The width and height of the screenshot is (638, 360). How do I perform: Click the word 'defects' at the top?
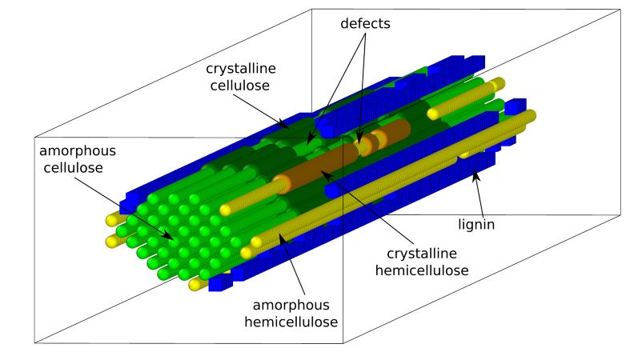365,23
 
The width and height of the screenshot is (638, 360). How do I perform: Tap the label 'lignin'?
476,225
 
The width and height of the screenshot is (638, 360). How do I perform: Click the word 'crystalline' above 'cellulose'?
241,68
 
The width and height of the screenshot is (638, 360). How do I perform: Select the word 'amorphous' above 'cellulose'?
78,151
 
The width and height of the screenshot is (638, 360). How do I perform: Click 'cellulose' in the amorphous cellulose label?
73,167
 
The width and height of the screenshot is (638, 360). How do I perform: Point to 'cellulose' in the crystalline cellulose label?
239,86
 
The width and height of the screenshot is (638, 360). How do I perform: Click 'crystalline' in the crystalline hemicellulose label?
422,254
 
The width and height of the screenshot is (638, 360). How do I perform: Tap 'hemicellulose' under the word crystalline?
422,270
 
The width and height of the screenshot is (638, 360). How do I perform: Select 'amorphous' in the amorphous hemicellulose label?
291,305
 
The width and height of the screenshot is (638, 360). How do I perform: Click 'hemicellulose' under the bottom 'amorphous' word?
291,322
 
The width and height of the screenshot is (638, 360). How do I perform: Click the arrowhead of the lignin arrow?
474,174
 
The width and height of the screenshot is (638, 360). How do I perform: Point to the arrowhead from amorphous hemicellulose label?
281,237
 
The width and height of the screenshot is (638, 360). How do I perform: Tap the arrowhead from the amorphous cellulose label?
171,237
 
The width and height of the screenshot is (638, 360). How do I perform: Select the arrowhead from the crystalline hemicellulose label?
322,174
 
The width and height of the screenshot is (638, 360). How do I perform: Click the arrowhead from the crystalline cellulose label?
286,126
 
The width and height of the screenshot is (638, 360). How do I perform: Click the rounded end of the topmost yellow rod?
499,84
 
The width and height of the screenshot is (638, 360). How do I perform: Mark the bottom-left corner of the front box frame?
35,343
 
